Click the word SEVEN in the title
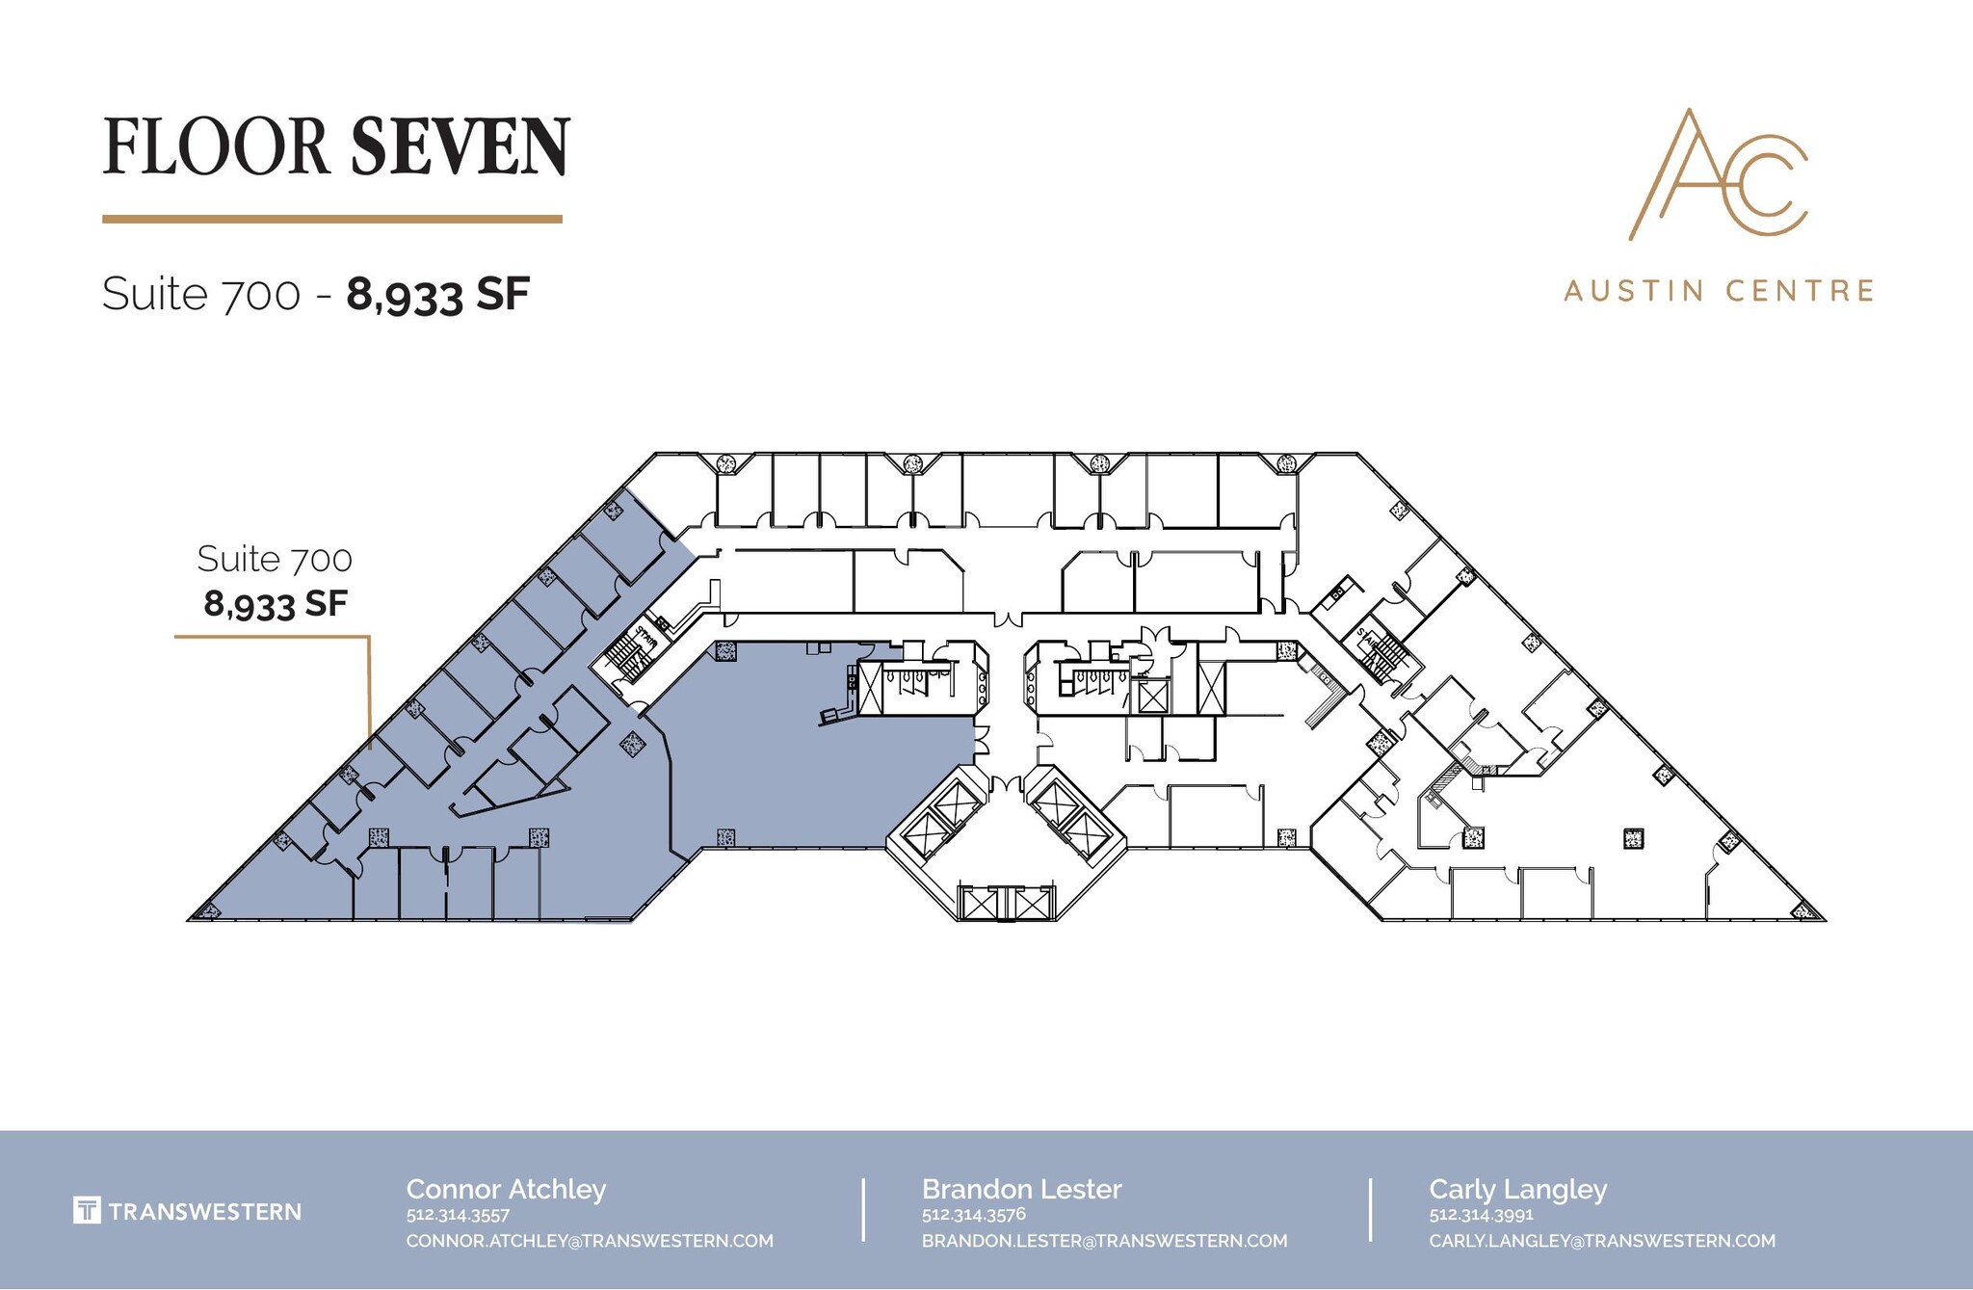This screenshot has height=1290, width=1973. [460, 146]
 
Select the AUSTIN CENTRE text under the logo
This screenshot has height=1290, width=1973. [1718, 290]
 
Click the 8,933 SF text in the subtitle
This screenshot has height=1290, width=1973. [438, 293]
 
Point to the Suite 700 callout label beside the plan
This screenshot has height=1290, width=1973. [275, 559]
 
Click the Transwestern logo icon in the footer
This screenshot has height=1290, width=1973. [87, 1210]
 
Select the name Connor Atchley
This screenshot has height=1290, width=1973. [506, 1189]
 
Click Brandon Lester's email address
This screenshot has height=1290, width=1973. [1104, 1241]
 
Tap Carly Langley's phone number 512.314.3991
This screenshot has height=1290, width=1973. [1481, 1215]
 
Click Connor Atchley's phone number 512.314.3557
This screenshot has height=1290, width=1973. [458, 1215]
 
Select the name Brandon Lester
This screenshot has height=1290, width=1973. [1021, 1189]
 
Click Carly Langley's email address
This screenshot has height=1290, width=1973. [1601, 1241]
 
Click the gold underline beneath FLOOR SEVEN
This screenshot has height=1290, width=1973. [331, 220]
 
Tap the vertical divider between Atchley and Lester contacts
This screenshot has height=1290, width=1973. [863, 1209]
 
